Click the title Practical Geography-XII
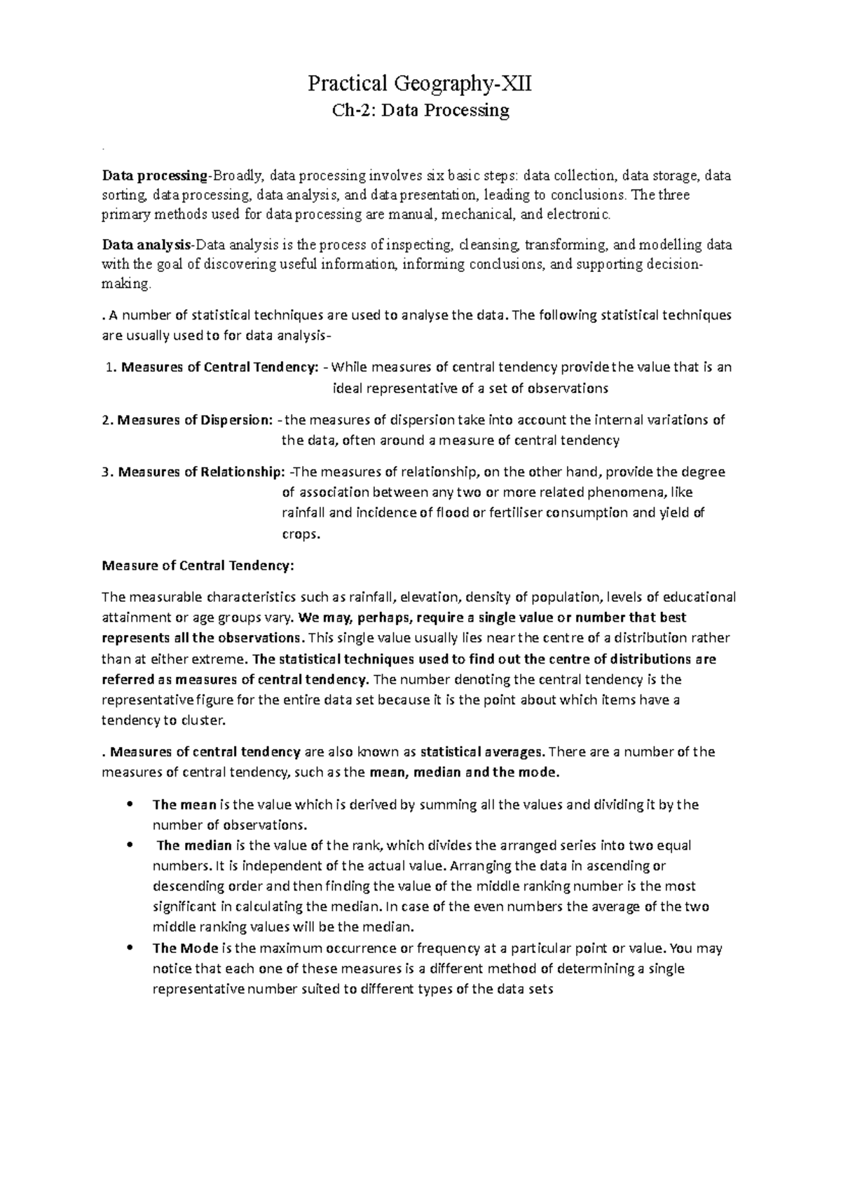pyautogui.click(x=420, y=85)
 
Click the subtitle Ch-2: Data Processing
pyautogui.click(x=420, y=111)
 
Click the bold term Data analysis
pyautogui.click(x=147, y=245)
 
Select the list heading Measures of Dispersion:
pyautogui.click(x=195, y=420)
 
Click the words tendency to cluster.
pyautogui.click(x=165, y=720)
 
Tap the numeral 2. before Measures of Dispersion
pyautogui.click(x=107, y=420)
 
